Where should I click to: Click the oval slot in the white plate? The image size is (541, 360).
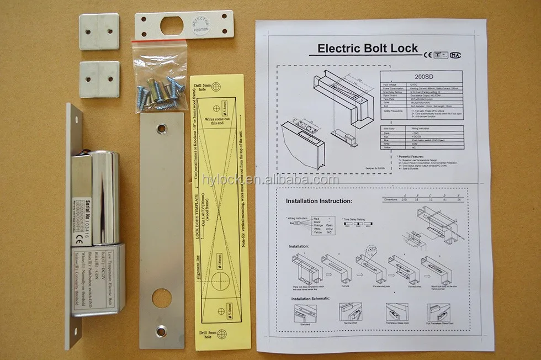click(171, 25)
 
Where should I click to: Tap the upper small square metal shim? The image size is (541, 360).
click(99, 32)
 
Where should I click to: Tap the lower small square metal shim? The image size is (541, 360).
click(99, 80)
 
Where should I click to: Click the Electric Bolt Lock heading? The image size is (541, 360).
click(368, 49)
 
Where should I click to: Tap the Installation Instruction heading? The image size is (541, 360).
click(318, 202)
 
